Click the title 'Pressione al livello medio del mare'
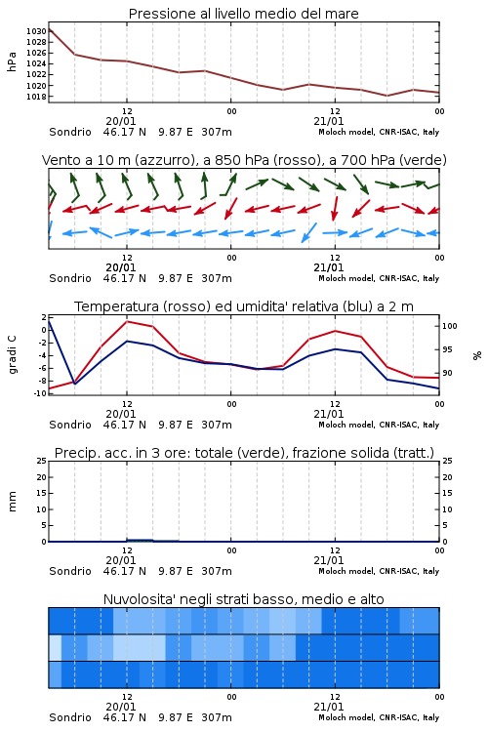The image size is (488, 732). (x=243, y=14)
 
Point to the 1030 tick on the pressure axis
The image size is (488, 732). (x=36, y=31)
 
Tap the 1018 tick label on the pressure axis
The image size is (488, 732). (x=36, y=97)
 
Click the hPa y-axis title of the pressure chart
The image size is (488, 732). (x=12, y=61)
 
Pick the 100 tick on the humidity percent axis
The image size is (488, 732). (x=450, y=326)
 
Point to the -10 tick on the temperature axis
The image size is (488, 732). (x=40, y=393)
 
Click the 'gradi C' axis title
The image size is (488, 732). (x=12, y=355)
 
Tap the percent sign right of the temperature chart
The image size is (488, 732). (x=477, y=355)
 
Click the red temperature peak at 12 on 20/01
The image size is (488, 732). (x=127, y=321)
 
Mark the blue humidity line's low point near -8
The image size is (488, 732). (x=75, y=384)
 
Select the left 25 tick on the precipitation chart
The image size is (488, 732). (x=42, y=461)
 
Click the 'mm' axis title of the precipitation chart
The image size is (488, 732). (x=12, y=502)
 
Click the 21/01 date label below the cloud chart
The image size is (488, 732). (x=328, y=707)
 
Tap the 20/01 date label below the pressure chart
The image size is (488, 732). (x=120, y=121)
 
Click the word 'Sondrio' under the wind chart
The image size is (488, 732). (x=70, y=278)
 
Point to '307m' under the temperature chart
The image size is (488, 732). (x=217, y=425)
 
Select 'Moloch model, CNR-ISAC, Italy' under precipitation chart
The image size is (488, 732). (x=379, y=571)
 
